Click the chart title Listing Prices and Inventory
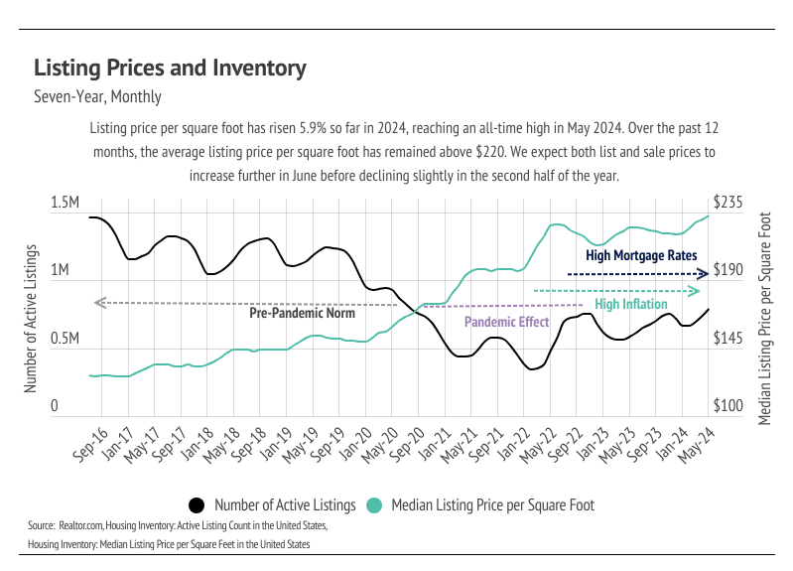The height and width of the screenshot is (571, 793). [x=170, y=68]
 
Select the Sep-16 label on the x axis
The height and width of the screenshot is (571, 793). [x=89, y=443]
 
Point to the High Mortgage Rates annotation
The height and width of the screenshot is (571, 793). [x=641, y=255]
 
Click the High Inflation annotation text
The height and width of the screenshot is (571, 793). [x=630, y=304]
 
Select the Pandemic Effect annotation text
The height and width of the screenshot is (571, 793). [x=506, y=322]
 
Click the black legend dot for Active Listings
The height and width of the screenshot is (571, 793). [x=197, y=505]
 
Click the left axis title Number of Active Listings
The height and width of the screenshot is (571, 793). [x=31, y=317]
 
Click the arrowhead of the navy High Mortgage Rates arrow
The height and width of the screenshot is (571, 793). [x=703, y=273]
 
